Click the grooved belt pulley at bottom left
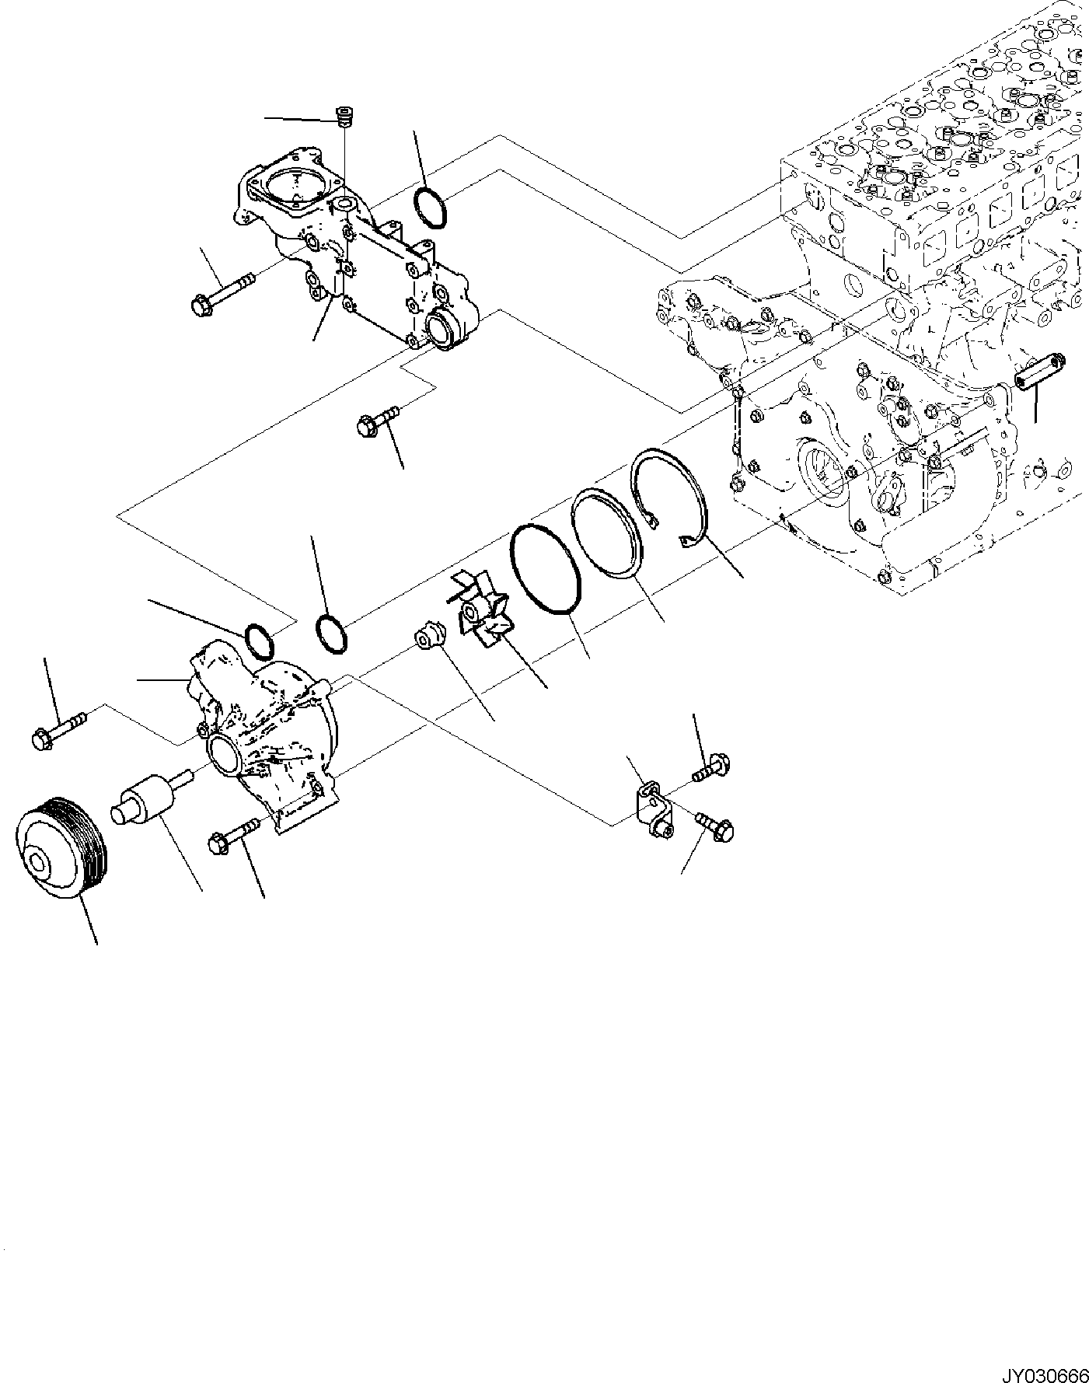click(x=63, y=850)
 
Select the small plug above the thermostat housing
click(x=344, y=117)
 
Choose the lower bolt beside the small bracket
click(x=715, y=827)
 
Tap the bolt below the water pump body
click(x=234, y=835)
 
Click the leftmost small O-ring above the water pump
click(x=260, y=639)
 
